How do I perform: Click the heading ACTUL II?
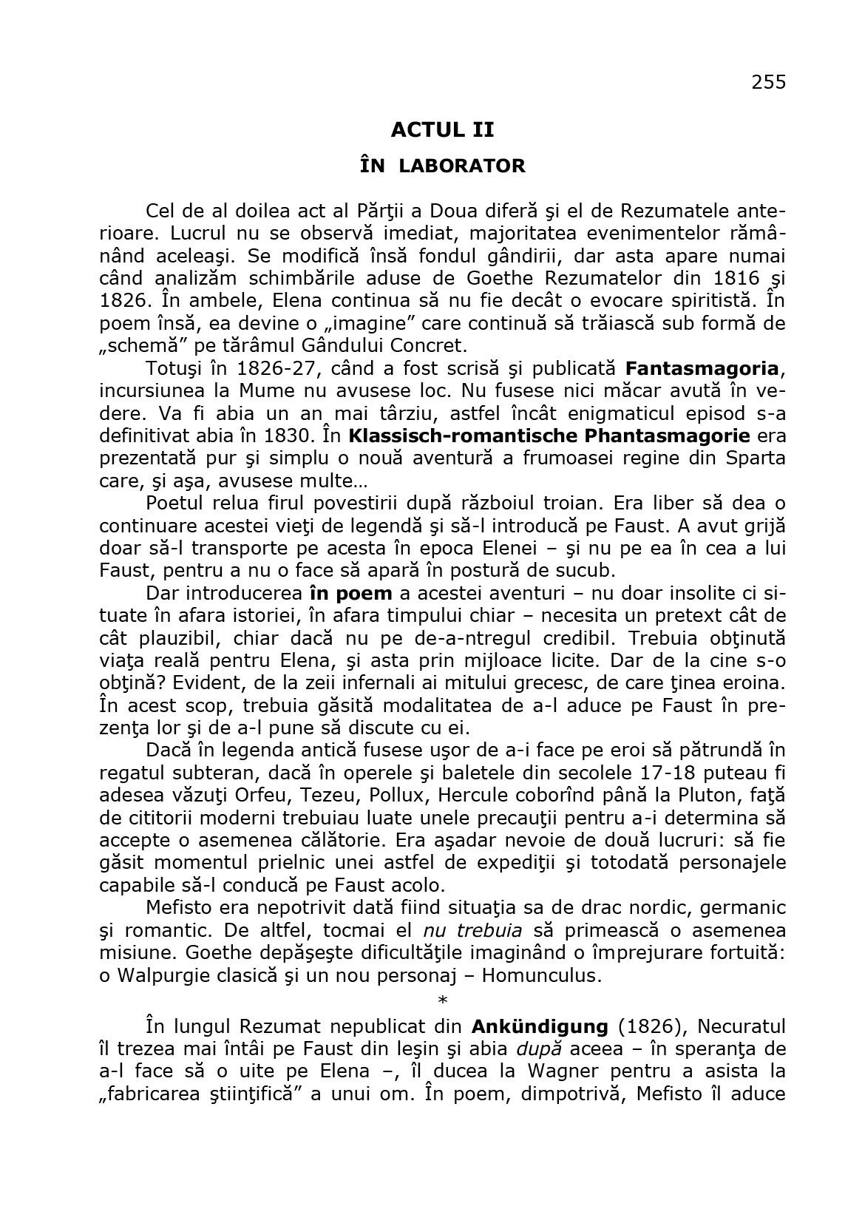(x=442, y=130)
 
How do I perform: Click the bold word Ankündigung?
(x=539, y=1026)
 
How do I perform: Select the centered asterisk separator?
(x=443, y=1001)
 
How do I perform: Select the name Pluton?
(x=708, y=796)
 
